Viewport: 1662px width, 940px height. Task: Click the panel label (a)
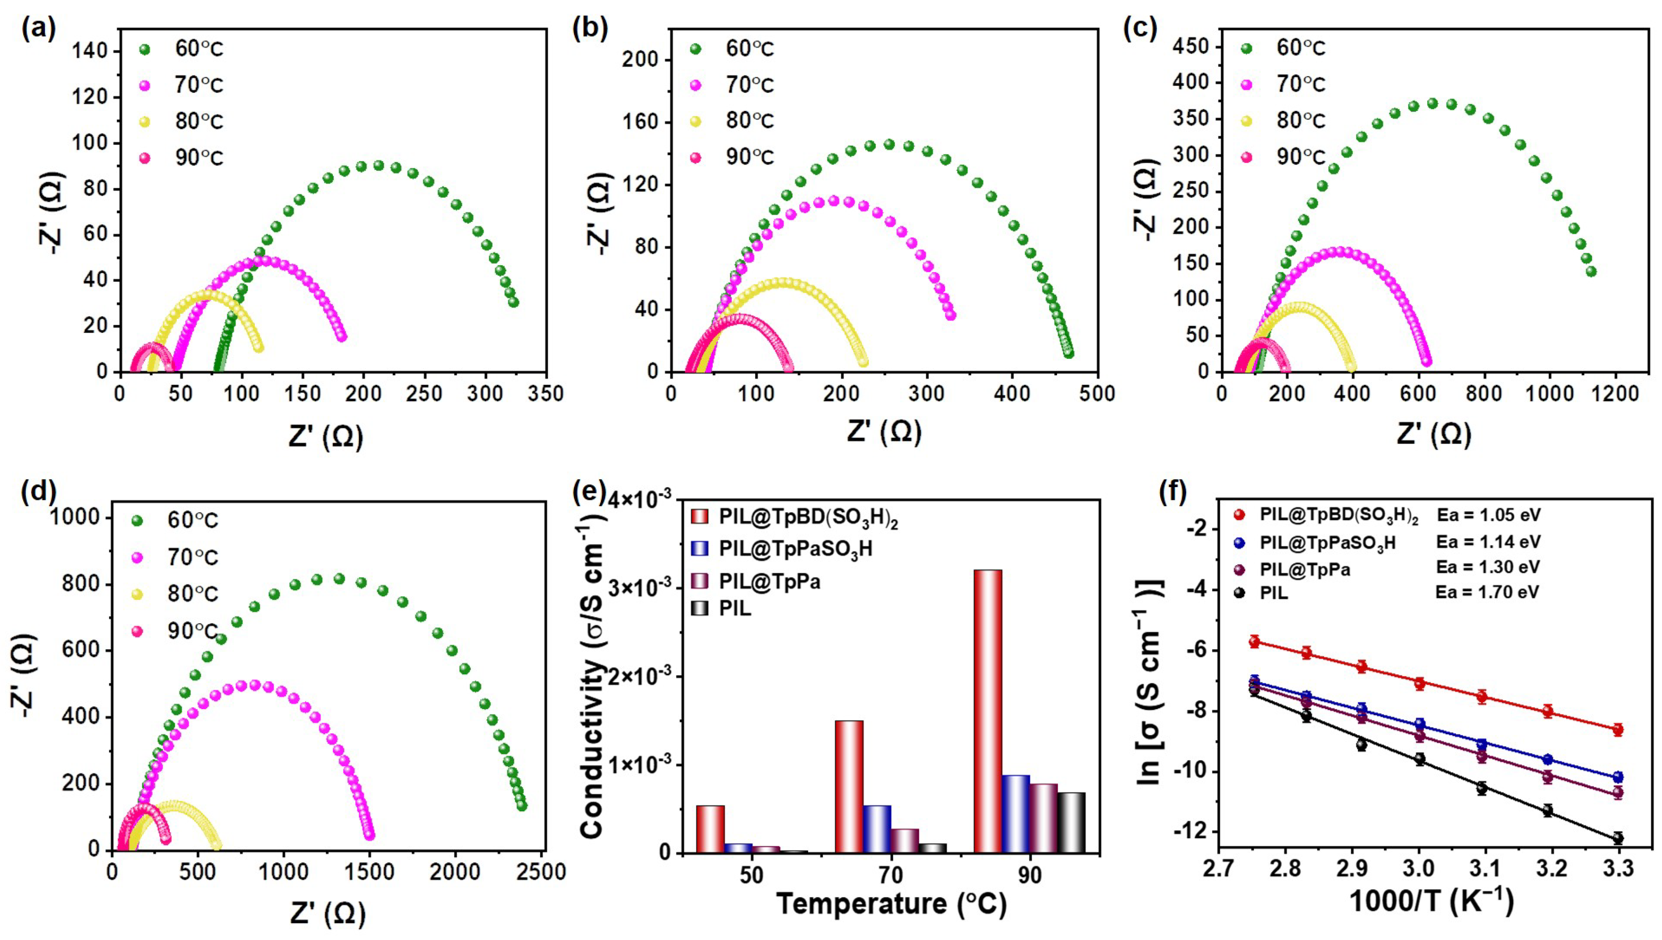pyautogui.click(x=38, y=30)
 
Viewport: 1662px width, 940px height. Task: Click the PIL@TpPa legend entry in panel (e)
pyautogui.click(x=769, y=582)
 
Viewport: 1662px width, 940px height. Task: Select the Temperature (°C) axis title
pyautogui.click(x=891, y=904)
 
